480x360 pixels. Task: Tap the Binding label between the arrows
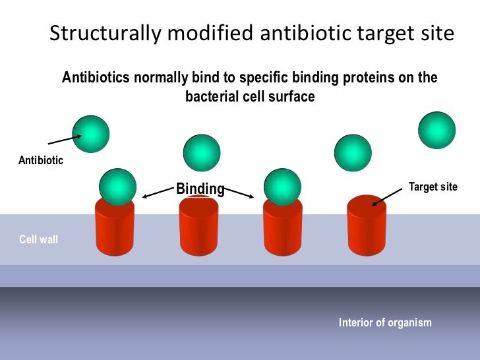[200, 189]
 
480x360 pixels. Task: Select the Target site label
[433, 187]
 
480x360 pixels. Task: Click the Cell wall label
[38, 239]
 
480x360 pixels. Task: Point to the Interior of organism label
[385, 322]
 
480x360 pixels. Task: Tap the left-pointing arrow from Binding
[158, 193]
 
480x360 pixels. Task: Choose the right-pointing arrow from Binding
[240, 193]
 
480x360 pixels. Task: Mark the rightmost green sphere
[436, 130]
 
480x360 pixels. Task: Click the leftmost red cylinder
[115, 227]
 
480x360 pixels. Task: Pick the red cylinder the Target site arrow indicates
[367, 227]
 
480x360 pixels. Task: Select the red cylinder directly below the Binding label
[199, 227]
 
